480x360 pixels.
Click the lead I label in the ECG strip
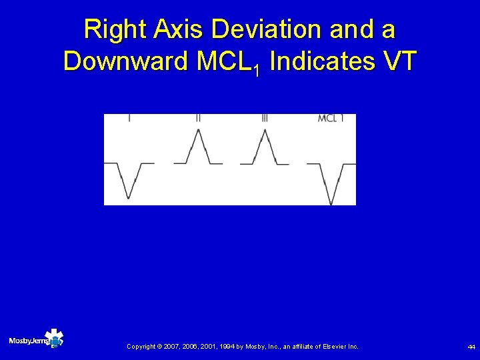tap(129, 119)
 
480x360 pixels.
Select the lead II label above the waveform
tap(198, 119)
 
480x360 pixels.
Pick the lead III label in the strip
tap(265, 119)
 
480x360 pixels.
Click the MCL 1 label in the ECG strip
tap(331, 119)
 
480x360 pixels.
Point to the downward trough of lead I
tap(129, 198)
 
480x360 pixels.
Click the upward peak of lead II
tap(197, 129)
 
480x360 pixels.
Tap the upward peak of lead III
tap(265, 129)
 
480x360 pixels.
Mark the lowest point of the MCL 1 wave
tap(331, 203)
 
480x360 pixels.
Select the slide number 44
tap(471, 347)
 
